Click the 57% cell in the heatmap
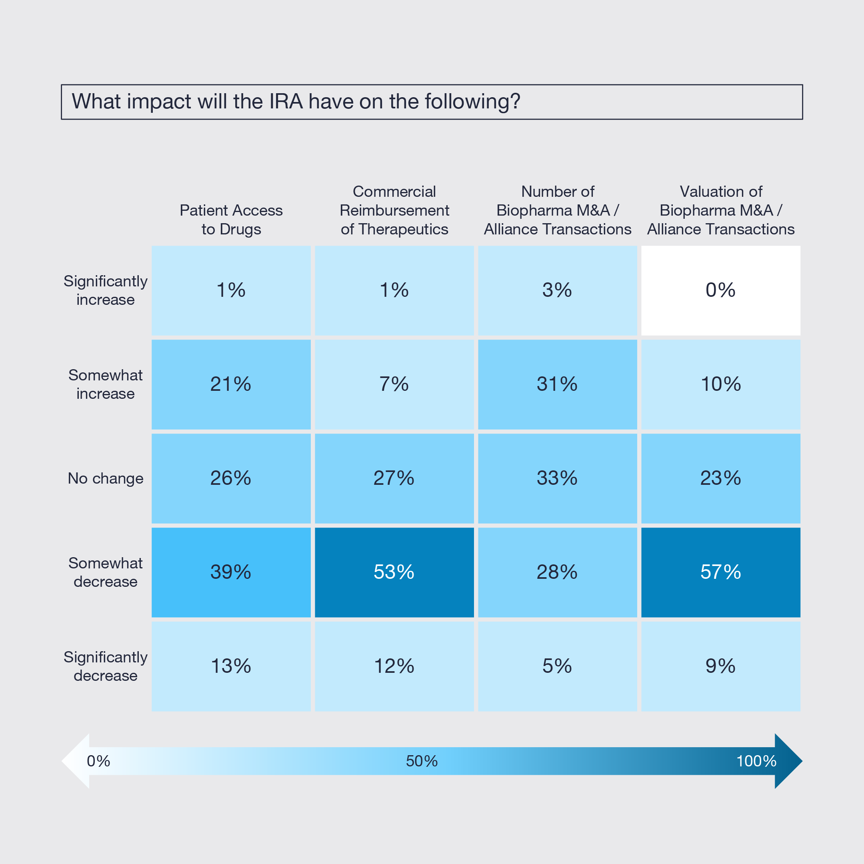[x=720, y=572]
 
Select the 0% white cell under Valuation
[x=720, y=290]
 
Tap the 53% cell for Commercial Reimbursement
[x=394, y=572]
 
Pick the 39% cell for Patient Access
[x=231, y=572]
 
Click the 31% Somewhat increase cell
[x=557, y=384]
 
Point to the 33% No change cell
[x=557, y=478]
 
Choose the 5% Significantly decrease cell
[x=557, y=666]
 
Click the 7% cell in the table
[x=394, y=384]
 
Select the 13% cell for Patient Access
[x=231, y=666]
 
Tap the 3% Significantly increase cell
[x=557, y=290]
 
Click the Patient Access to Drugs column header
[x=231, y=220]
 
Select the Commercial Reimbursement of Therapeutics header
[x=394, y=210]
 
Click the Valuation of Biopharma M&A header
[x=720, y=210]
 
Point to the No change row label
[x=106, y=478]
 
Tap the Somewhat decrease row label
[x=106, y=572]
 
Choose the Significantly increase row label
[x=106, y=290]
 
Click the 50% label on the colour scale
[x=421, y=761]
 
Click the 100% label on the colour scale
[x=756, y=761]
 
